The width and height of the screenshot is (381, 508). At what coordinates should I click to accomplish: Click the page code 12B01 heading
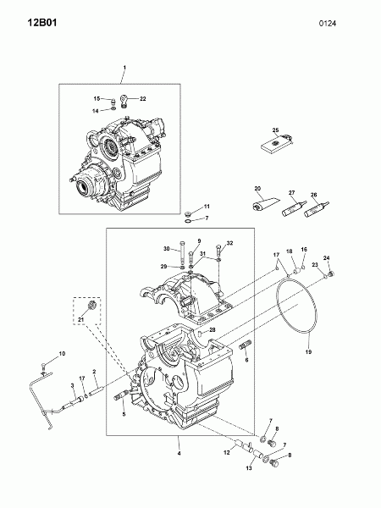click(42, 23)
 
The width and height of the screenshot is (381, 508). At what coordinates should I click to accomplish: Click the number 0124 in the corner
click(327, 24)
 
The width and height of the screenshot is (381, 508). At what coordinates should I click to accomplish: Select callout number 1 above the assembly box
click(124, 68)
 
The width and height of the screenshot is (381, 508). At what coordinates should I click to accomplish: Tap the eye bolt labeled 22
click(124, 101)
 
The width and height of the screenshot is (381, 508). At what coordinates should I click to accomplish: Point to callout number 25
click(275, 130)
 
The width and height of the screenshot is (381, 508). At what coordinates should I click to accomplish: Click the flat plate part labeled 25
click(276, 143)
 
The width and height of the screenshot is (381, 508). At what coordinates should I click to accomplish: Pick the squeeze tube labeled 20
click(265, 203)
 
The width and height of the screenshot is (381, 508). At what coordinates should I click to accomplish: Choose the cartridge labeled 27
click(294, 208)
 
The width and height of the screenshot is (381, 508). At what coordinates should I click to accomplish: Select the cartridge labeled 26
click(317, 210)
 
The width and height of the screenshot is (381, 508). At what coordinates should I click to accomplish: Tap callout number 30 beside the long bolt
click(167, 249)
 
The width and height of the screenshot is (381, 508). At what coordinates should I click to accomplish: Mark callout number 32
click(229, 243)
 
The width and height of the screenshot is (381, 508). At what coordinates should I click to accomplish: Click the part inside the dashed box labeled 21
click(91, 305)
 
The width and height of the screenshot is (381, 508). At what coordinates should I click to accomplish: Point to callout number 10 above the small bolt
click(62, 353)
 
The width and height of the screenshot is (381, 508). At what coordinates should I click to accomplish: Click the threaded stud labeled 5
click(121, 396)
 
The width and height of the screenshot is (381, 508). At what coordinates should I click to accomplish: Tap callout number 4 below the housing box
click(179, 454)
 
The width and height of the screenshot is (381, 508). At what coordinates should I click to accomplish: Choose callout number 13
click(249, 468)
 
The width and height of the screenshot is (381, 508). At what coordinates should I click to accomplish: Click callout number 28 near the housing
click(213, 330)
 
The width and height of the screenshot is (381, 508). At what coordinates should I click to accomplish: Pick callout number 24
click(327, 258)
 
